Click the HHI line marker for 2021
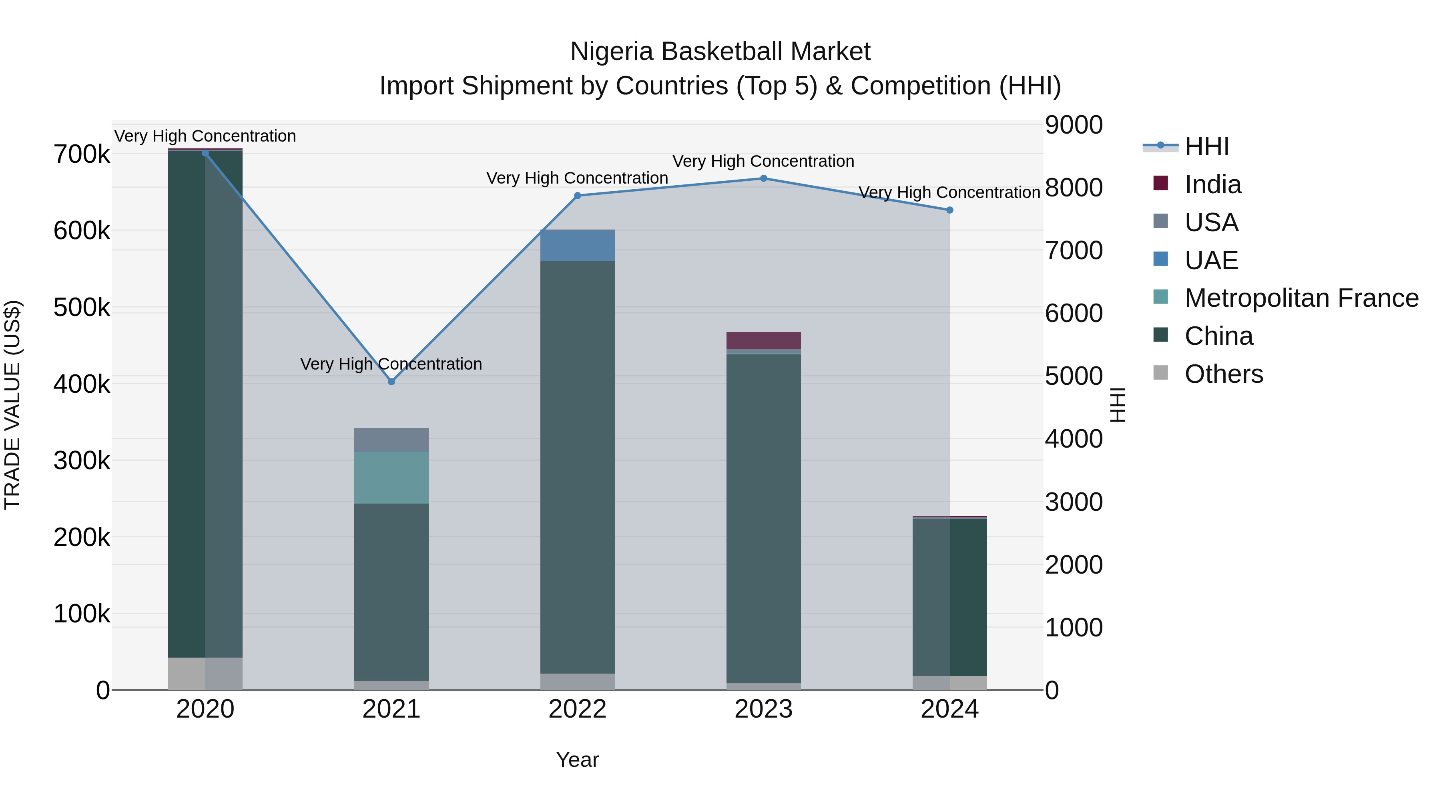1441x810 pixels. click(x=391, y=382)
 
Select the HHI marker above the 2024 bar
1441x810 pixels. click(x=949, y=210)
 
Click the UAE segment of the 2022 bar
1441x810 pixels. click(x=577, y=246)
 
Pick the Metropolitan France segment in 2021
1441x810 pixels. click(x=391, y=478)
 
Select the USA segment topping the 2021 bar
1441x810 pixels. click(x=391, y=440)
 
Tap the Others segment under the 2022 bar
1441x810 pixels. click(x=577, y=682)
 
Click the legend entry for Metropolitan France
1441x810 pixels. click(x=1301, y=298)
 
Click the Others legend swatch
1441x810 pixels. click(x=1161, y=373)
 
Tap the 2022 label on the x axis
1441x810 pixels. click(x=577, y=709)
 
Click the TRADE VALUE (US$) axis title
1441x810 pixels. click(x=13, y=405)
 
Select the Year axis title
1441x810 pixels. click(x=577, y=760)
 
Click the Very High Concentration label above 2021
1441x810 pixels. click(x=391, y=364)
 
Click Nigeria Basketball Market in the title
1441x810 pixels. click(x=720, y=52)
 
